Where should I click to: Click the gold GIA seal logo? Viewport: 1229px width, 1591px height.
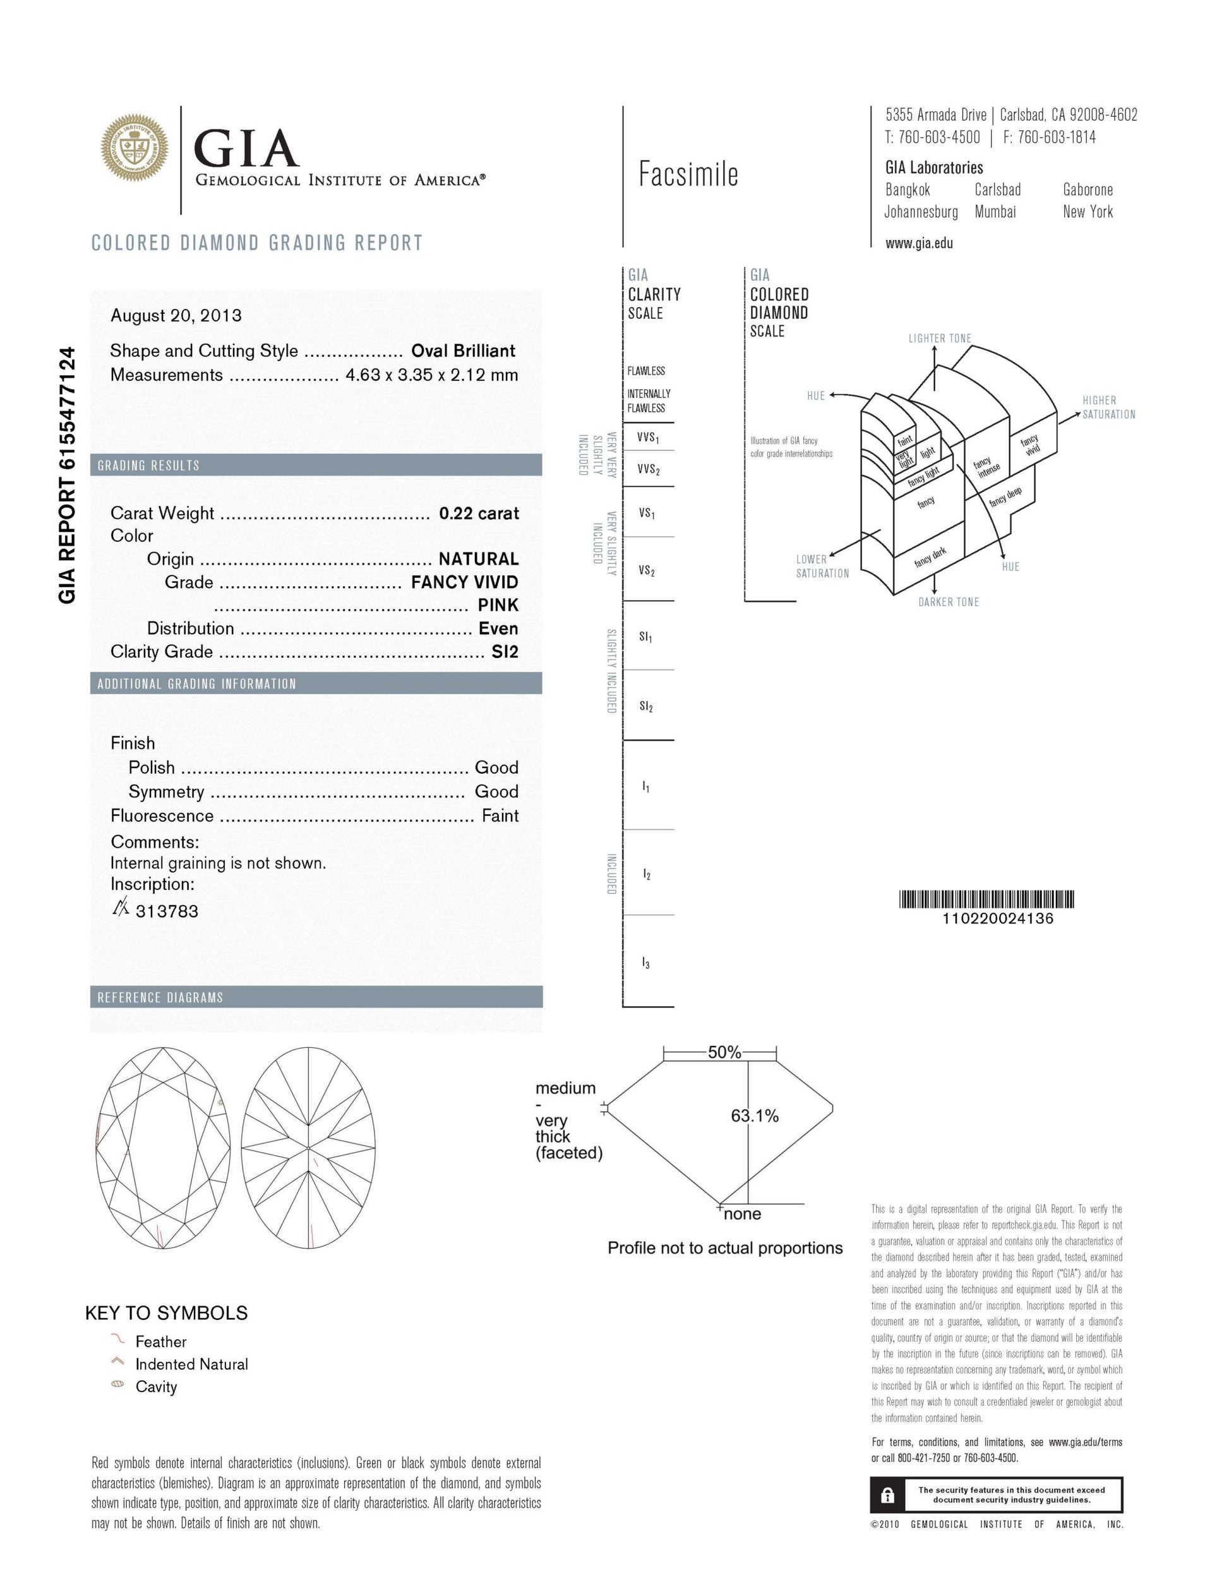point(135,148)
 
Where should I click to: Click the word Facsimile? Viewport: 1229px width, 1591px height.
point(688,174)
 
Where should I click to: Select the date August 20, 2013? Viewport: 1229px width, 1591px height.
point(176,315)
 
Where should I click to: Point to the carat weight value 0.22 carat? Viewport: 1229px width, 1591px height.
point(479,513)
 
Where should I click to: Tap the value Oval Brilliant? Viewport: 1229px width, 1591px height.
point(464,351)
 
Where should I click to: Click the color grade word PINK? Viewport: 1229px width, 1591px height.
point(498,604)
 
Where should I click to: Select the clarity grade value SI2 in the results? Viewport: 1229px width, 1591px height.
point(505,651)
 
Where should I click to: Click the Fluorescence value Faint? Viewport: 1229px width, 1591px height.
point(500,815)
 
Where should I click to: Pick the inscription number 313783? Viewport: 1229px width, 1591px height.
point(167,911)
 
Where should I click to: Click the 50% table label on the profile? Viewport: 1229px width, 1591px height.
point(724,1052)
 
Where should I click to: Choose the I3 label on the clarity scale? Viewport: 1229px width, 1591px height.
point(646,963)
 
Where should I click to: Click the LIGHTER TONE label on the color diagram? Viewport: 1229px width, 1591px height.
point(939,338)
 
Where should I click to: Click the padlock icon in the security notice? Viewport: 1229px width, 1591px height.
point(887,1496)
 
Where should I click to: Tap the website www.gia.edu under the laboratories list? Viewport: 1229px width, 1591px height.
point(919,243)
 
